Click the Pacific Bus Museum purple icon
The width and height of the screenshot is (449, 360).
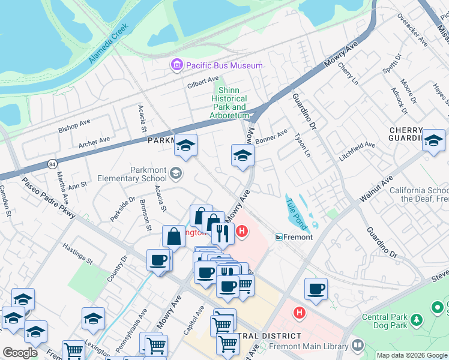[x=176, y=65]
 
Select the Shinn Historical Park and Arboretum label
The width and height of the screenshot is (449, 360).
[x=229, y=103]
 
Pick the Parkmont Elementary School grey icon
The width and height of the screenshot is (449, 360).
[x=175, y=174]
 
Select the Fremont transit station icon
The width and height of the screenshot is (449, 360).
[x=279, y=237]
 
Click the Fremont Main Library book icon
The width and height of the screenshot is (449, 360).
[x=357, y=346]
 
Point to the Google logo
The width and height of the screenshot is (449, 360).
[x=20, y=353]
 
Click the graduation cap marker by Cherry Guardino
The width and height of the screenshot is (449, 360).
[x=433, y=141]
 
